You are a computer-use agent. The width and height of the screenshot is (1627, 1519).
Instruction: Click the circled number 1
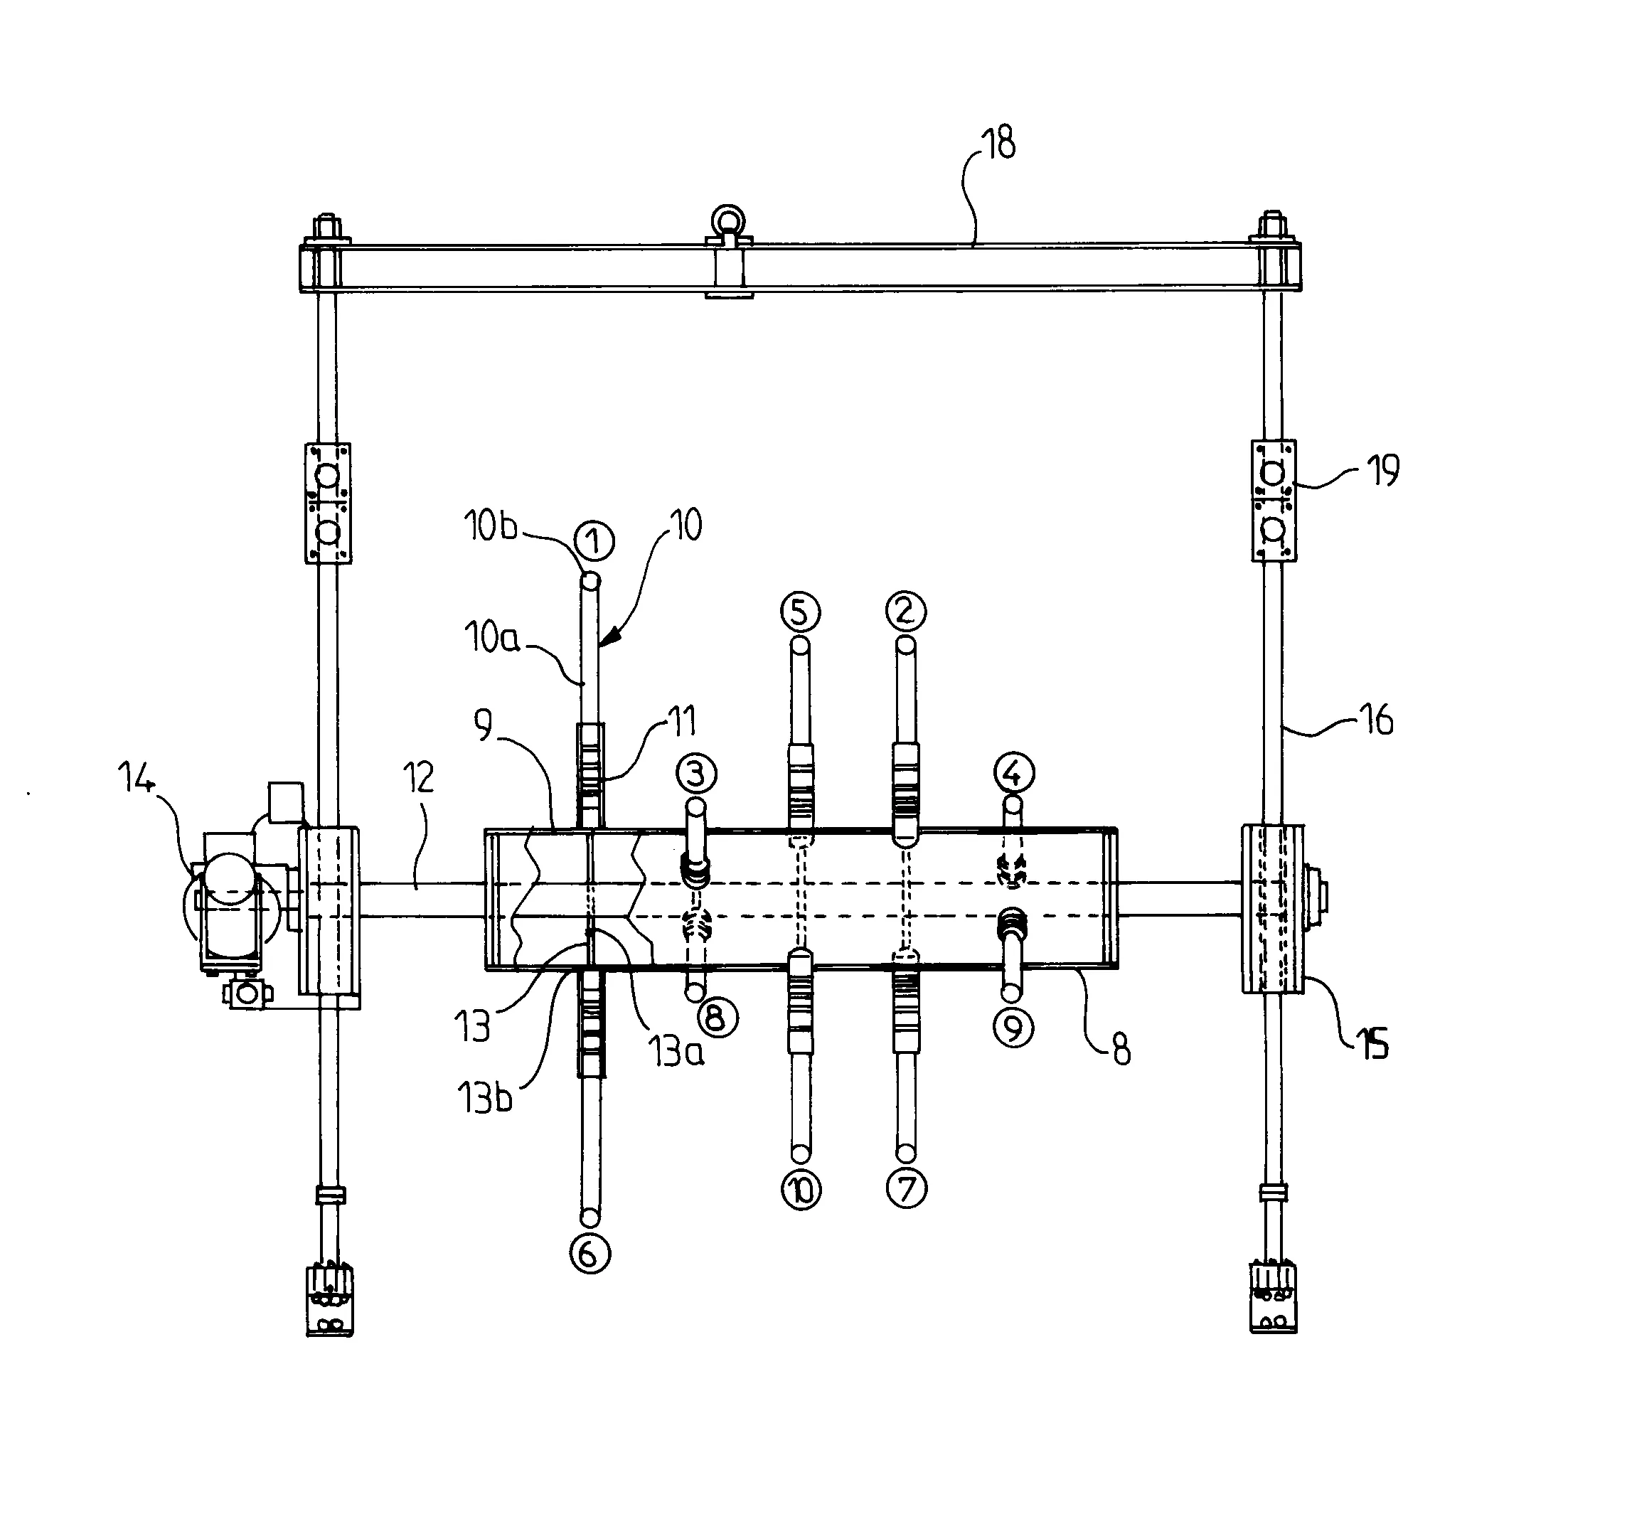tap(594, 540)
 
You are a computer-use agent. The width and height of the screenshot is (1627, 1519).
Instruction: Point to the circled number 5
tap(801, 612)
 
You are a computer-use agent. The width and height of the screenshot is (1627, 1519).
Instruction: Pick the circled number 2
tap(905, 611)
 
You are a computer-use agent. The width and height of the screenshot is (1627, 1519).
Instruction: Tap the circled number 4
tap(1014, 772)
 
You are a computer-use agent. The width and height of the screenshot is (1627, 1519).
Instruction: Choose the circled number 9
tap(1014, 1028)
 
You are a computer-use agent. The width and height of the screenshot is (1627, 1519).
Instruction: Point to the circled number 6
tap(590, 1254)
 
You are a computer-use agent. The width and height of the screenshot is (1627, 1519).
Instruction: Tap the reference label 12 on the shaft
tap(418, 778)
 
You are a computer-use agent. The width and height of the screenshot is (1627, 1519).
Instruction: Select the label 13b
tap(484, 1097)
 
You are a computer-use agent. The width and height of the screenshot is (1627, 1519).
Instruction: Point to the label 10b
tap(490, 526)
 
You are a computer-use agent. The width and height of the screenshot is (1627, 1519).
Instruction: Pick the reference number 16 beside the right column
tap(1377, 720)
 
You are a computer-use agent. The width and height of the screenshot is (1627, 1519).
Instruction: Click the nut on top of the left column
tap(327, 224)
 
